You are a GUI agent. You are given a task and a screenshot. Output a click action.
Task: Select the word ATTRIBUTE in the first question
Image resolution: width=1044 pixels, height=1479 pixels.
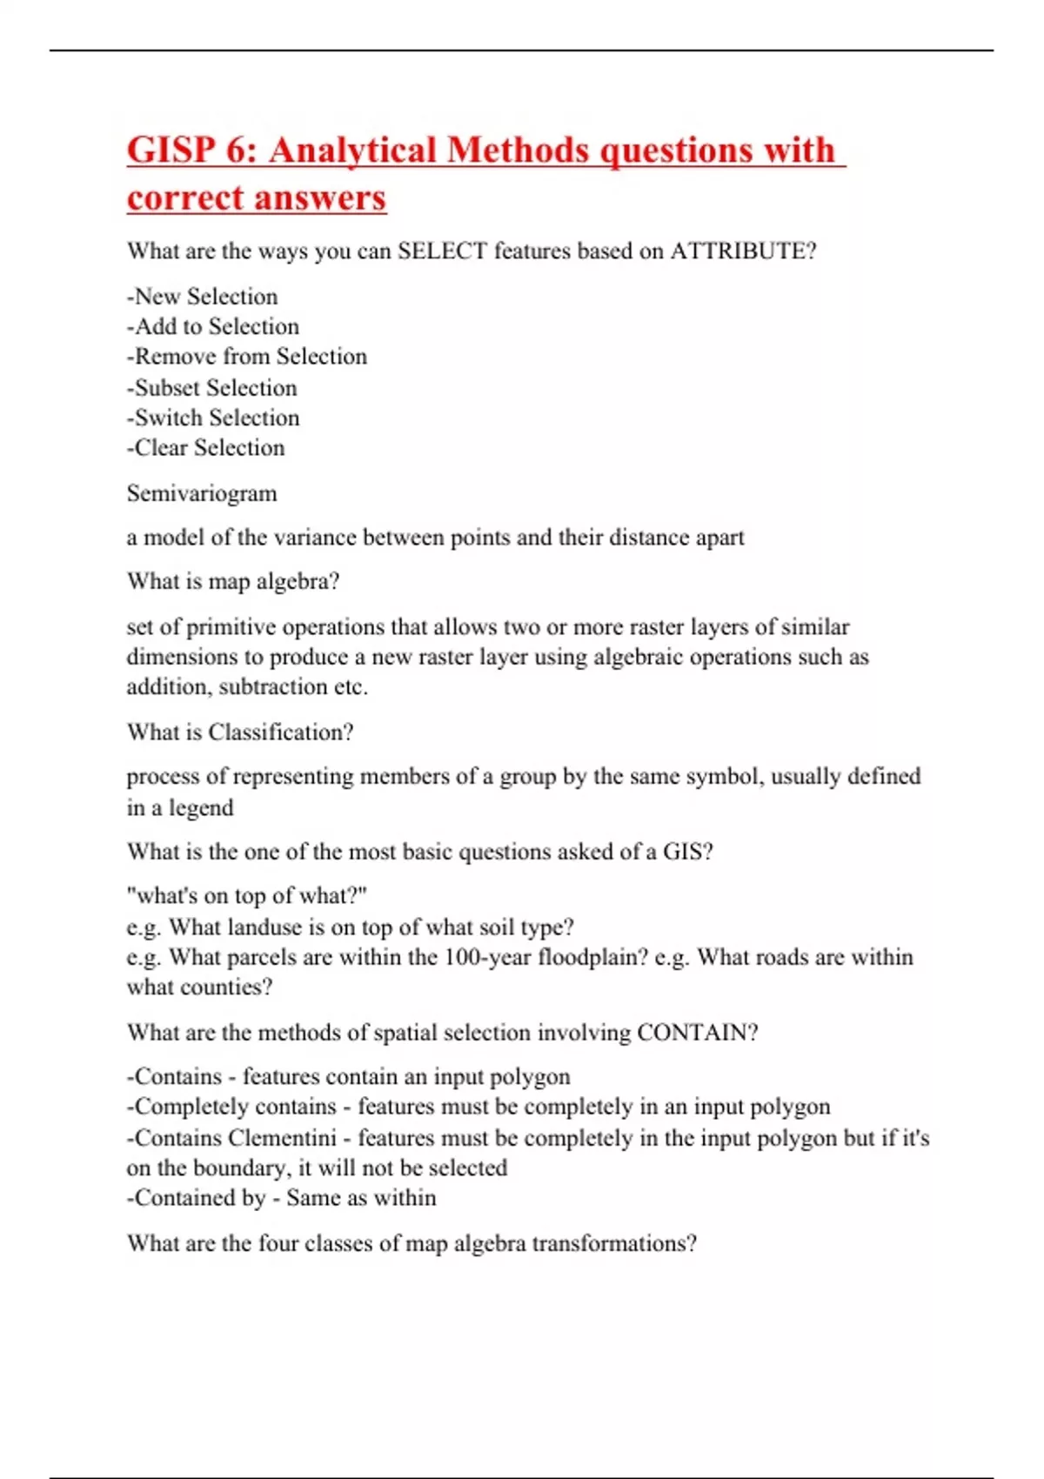click(743, 251)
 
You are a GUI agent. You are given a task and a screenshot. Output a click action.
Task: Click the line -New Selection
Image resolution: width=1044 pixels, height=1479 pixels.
click(202, 297)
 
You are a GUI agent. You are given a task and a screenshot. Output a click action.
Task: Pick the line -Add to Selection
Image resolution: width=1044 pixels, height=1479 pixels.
click(212, 326)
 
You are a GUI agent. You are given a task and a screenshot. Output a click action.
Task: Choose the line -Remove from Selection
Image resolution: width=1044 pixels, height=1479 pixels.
click(246, 357)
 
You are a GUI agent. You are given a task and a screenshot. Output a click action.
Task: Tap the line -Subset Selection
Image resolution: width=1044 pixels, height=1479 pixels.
click(211, 387)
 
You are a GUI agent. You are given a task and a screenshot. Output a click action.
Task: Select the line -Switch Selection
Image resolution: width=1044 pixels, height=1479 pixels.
click(212, 418)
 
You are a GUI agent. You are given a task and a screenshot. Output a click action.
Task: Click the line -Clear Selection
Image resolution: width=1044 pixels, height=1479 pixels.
click(205, 448)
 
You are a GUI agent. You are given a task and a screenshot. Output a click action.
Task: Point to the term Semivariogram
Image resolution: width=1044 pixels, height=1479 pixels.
click(202, 493)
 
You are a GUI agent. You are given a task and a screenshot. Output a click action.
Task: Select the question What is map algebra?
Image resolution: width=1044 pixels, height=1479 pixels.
click(232, 581)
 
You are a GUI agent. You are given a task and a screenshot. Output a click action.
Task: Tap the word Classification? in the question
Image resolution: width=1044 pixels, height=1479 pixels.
click(280, 733)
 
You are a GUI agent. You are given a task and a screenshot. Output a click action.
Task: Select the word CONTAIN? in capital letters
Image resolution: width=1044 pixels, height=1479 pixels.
click(697, 1033)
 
